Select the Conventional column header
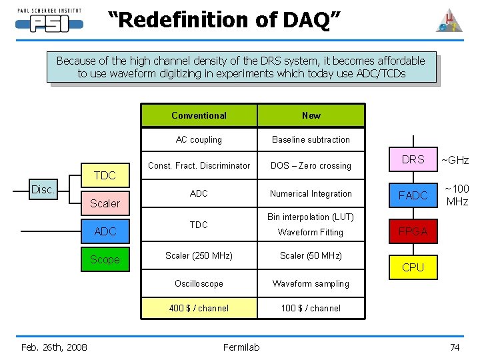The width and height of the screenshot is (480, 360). (x=199, y=115)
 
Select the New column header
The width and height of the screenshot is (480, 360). (x=311, y=115)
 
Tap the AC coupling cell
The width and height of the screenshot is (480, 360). (x=199, y=140)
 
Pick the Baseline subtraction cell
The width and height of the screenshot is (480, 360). (x=311, y=140)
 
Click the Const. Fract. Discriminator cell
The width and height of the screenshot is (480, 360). (x=199, y=165)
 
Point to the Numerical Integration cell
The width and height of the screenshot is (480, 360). (x=311, y=194)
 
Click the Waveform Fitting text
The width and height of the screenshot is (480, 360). (x=311, y=233)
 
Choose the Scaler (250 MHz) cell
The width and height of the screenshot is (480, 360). (x=199, y=255)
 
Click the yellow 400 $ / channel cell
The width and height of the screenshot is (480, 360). (x=199, y=308)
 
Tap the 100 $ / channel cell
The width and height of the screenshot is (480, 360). (x=311, y=308)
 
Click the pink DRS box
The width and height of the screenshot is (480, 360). (x=413, y=159)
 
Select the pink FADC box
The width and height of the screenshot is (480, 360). (x=413, y=195)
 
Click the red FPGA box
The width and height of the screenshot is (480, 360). (x=413, y=232)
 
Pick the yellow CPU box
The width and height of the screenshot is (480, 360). (x=413, y=267)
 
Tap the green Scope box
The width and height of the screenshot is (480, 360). (x=105, y=259)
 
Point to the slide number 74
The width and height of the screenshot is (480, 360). (x=455, y=347)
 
